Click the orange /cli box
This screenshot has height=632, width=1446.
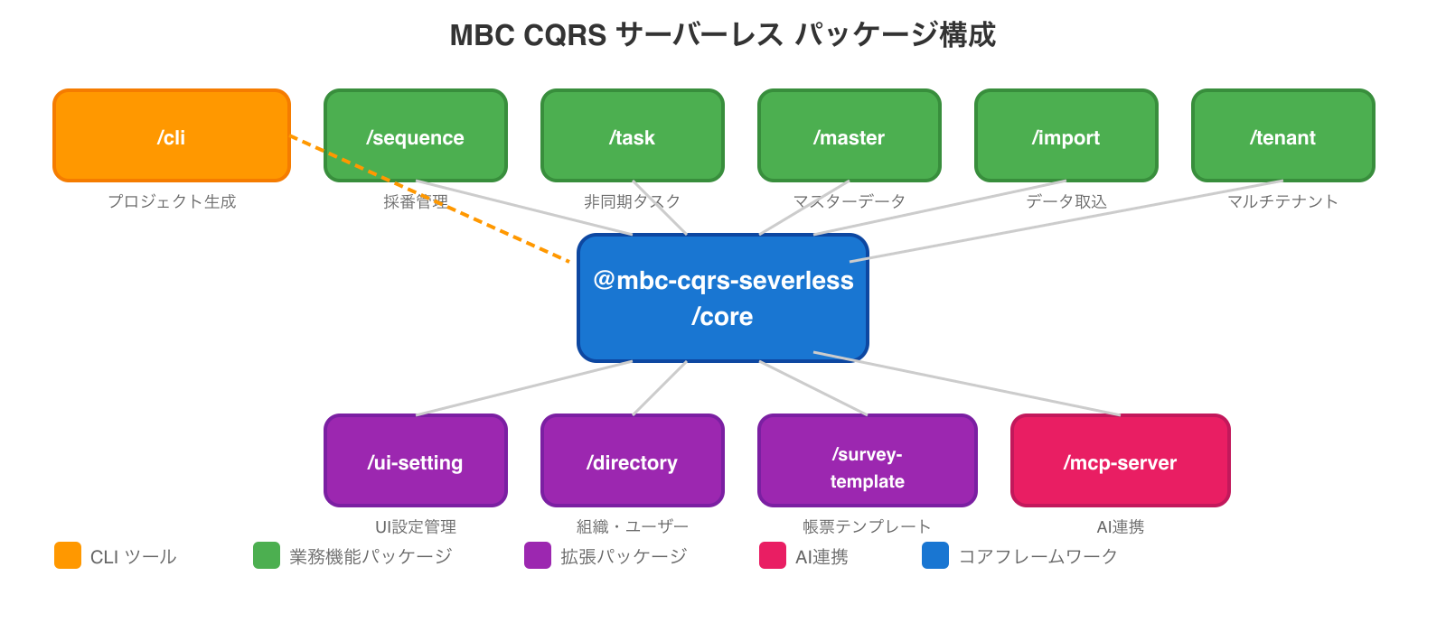pyautogui.click(x=172, y=135)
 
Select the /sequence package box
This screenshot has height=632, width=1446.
pyautogui.click(x=416, y=135)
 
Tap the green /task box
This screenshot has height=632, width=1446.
pyautogui.click(x=633, y=135)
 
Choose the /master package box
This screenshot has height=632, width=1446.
pyautogui.click(x=850, y=135)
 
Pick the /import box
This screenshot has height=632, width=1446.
pyautogui.click(x=1066, y=135)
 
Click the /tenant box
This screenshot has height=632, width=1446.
pyautogui.click(x=1283, y=135)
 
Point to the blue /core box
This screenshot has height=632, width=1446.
pyautogui.click(x=723, y=298)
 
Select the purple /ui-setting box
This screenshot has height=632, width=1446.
pyautogui.click(x=416, y=460)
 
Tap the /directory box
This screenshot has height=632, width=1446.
pyautogui.click(x=633, y=460)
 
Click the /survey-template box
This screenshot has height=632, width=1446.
pyautogui.click(x=868, y=460)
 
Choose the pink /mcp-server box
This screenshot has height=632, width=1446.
pyautogui.click(x=1121, y=460)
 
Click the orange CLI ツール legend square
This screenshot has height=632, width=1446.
pyautogui.click(x=68, y=555)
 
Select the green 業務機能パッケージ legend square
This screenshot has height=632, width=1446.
pyautogui.click(x=267, y=555)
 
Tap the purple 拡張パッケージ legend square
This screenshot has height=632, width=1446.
pyautogui.click(x=538, y=555)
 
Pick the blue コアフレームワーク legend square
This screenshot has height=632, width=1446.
pyautogui.click(x=935, y=555)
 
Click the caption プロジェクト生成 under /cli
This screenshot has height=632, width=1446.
pyautogui.click(x=172, y=201)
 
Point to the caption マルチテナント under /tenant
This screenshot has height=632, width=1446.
pyautogui.click(x=1283, y=201)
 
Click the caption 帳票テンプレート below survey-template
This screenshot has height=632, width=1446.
pyautogui.click(x=868, y=526)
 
